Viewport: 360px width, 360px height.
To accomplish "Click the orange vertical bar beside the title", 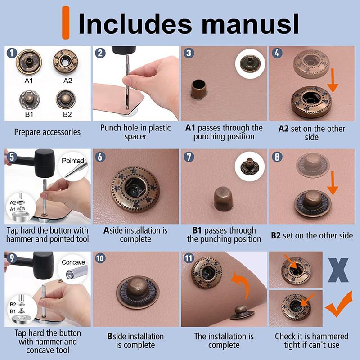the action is tap(66, 23).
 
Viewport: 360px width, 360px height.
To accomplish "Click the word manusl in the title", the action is tap(250, 24).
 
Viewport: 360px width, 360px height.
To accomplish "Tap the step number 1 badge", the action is tap(12, 53).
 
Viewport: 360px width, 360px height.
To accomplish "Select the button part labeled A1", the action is tap(29, 62).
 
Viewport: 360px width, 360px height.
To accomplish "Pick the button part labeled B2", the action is tap(66, 99).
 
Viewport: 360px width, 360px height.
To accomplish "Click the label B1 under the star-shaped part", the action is tap(29, 114).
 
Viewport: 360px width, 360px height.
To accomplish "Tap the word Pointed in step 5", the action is tap(73, 161).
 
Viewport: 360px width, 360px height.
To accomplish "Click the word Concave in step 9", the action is tap(73, 262).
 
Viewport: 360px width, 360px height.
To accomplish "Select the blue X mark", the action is tap(338, 270).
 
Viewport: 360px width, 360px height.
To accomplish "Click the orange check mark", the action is tap(339, 304).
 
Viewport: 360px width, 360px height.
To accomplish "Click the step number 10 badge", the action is tap(100, 258).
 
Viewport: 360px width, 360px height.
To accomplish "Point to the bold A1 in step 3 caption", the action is tap(190, 128).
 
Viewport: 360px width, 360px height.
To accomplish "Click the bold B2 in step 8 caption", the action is tap(276, 235).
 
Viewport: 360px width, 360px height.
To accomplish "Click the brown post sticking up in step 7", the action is tap(222, 198).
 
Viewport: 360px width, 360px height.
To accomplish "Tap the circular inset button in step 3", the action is tap(250, 63).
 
